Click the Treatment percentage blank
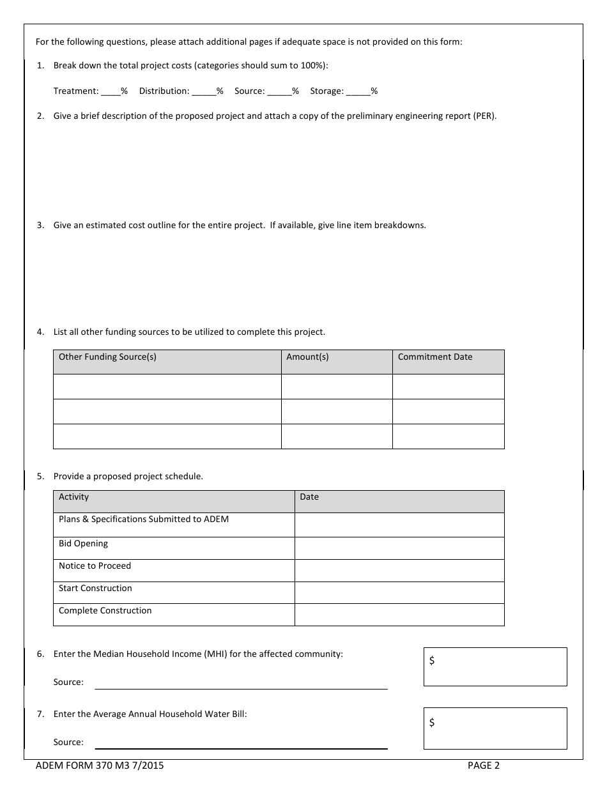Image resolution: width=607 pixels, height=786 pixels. point(111,91)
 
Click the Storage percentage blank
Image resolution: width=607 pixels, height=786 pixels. point(358,91)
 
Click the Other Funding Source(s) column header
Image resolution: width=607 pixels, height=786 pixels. point(107,357)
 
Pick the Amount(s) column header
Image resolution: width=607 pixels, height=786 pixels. point(307,357)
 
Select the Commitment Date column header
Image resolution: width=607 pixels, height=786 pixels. point(434,357)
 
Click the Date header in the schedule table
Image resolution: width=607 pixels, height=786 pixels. point(309,497)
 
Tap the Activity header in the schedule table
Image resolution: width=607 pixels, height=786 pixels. point(73,497)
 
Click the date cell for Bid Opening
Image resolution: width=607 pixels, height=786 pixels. point(399,548)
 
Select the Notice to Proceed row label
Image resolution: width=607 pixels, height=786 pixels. point(95,566)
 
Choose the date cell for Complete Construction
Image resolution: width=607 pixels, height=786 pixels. point(399,615)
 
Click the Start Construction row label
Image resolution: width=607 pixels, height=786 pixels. point(95,589)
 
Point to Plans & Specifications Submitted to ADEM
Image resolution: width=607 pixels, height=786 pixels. point(143,520)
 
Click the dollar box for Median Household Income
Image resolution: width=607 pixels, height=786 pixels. point(495,667)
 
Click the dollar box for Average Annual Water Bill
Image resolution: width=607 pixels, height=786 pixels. point(495,728)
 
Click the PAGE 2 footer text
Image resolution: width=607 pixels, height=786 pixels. point(483,766)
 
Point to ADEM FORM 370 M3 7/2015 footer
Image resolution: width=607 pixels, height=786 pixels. point(100,766)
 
